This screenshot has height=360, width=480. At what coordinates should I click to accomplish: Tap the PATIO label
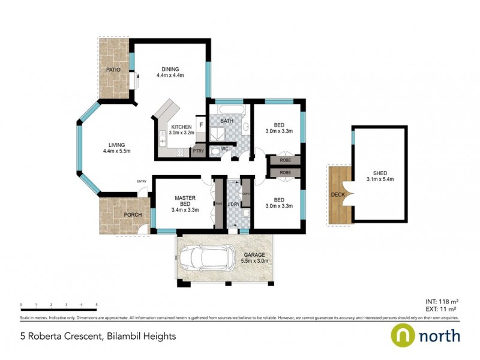(113, 70)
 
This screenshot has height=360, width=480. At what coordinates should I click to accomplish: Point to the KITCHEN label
(181, 128)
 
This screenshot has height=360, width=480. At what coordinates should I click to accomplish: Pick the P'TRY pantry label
(198, 152)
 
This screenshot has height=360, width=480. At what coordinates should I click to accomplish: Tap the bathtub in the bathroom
(230, 111)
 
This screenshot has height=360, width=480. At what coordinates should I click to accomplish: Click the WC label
(224, 148)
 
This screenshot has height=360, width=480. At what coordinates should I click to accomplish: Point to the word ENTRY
(142, 182)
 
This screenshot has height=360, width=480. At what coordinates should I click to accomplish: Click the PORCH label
(133, 215)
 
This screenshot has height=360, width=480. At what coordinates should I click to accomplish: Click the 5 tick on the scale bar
(97, 304)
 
